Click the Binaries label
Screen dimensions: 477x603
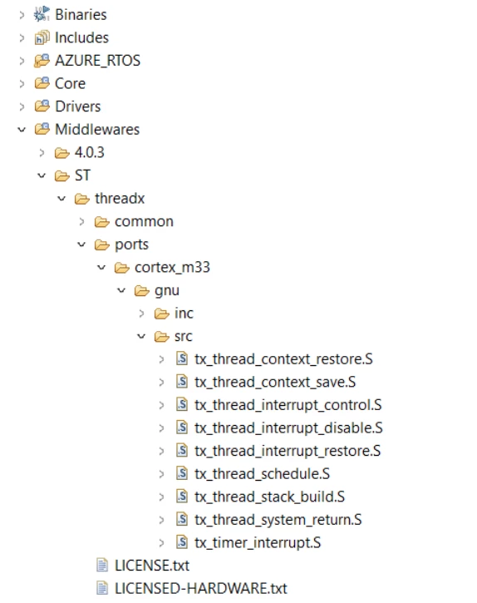coord(81,15)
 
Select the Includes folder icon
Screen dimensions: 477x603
coord(42,37)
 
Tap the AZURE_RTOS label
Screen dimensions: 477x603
coord(97,61)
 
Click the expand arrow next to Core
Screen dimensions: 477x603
coord(22,83)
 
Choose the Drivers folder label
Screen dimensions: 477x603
coord(77,106)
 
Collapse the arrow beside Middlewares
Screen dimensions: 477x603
coord(22,130)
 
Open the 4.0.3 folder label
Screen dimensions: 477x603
coord(89,152)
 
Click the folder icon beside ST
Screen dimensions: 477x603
coord(61,175)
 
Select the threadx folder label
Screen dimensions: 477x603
coord(120,199)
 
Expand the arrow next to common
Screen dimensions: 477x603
coord(81,221)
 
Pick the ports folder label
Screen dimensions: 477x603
coord(131,245)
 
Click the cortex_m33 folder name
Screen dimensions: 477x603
coord(172,267)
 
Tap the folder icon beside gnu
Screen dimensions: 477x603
coord(141,291)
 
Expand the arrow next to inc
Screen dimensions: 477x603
coord(141,314)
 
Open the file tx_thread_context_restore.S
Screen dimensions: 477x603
coord(283,359)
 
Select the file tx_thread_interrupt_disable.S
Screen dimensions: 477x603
coord(288,428)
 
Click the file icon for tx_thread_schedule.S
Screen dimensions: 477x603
coord(182,473)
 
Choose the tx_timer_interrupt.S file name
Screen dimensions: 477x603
coord(258,542)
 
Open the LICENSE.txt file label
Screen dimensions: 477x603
coord(152,566)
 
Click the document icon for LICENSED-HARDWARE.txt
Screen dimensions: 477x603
coord(102,588)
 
